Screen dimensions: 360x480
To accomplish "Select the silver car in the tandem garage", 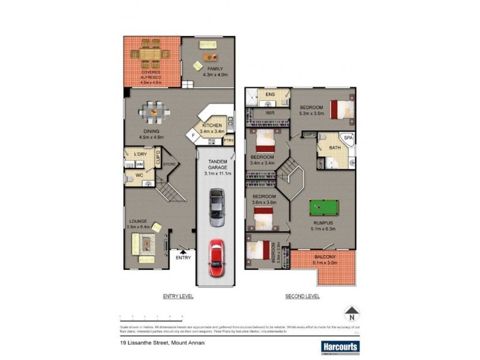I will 217,207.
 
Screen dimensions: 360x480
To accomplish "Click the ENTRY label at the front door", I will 183,258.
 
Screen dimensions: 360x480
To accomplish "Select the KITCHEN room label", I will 212,125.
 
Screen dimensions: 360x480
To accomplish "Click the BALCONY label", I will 325,258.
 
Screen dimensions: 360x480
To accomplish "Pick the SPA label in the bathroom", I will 349,138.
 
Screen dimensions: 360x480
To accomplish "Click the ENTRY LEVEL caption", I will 178,296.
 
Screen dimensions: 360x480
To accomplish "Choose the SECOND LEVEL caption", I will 303,296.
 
